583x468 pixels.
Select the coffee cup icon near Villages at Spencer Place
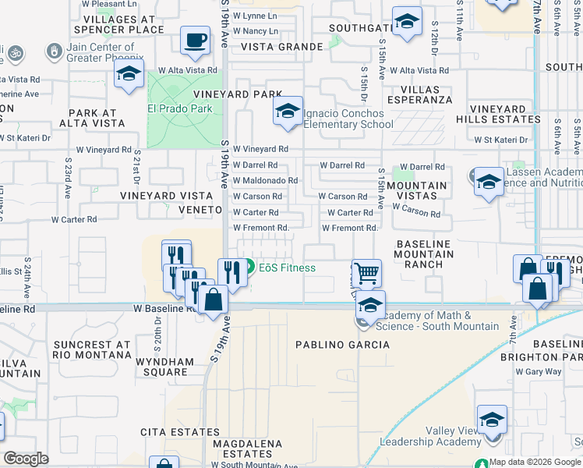pyautogui.click(x=195, y=40)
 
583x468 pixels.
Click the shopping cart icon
pyautogui.click(x=366, y=273)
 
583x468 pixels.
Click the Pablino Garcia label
pyautogui.click(x=330, y=344)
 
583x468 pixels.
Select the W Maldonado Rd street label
pyautogui.click(x=265, y=181)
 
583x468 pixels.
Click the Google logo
pyautogui.click(x=26, y=459)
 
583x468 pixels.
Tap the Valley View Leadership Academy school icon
pyautogui.click(x=492, y=419)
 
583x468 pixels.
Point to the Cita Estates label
pyautogui.click(x=172, y=431)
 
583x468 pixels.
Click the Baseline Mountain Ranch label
pyautogui.click(x=423, y=254)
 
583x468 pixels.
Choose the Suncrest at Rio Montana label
pyautogui.click(x=92, y=349)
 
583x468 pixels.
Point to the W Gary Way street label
pyautogui.click(x=543, y=371)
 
